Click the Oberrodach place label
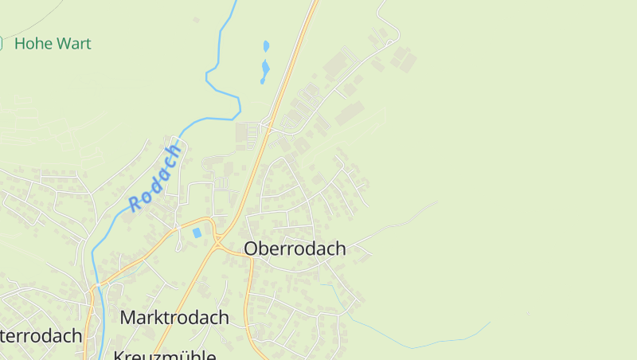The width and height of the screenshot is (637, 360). click(x=295, y=248)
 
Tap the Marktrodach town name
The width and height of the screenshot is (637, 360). click(x=174, y=317)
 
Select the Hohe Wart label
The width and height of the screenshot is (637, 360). click(x=53, y=44)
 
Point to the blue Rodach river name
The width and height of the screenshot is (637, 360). click(x=155, y=178)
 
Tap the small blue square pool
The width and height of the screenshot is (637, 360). click(x=197, y=233)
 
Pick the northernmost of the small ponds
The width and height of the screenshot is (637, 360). click(x=266, y=46)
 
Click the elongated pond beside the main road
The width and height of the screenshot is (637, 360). click(x=264, y=72)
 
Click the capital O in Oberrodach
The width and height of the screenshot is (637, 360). click(x=252, y=248)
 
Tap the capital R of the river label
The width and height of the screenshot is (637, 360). click(x=135, y=204)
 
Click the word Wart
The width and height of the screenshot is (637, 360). click(x=72, y=44)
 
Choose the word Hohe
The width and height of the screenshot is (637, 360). click(x=32, y=44)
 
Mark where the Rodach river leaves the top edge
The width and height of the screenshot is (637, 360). click(x=235, y=2)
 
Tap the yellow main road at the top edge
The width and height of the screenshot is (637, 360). click(x=315, y=2)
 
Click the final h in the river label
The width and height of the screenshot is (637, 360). click(x=176, y=149)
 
